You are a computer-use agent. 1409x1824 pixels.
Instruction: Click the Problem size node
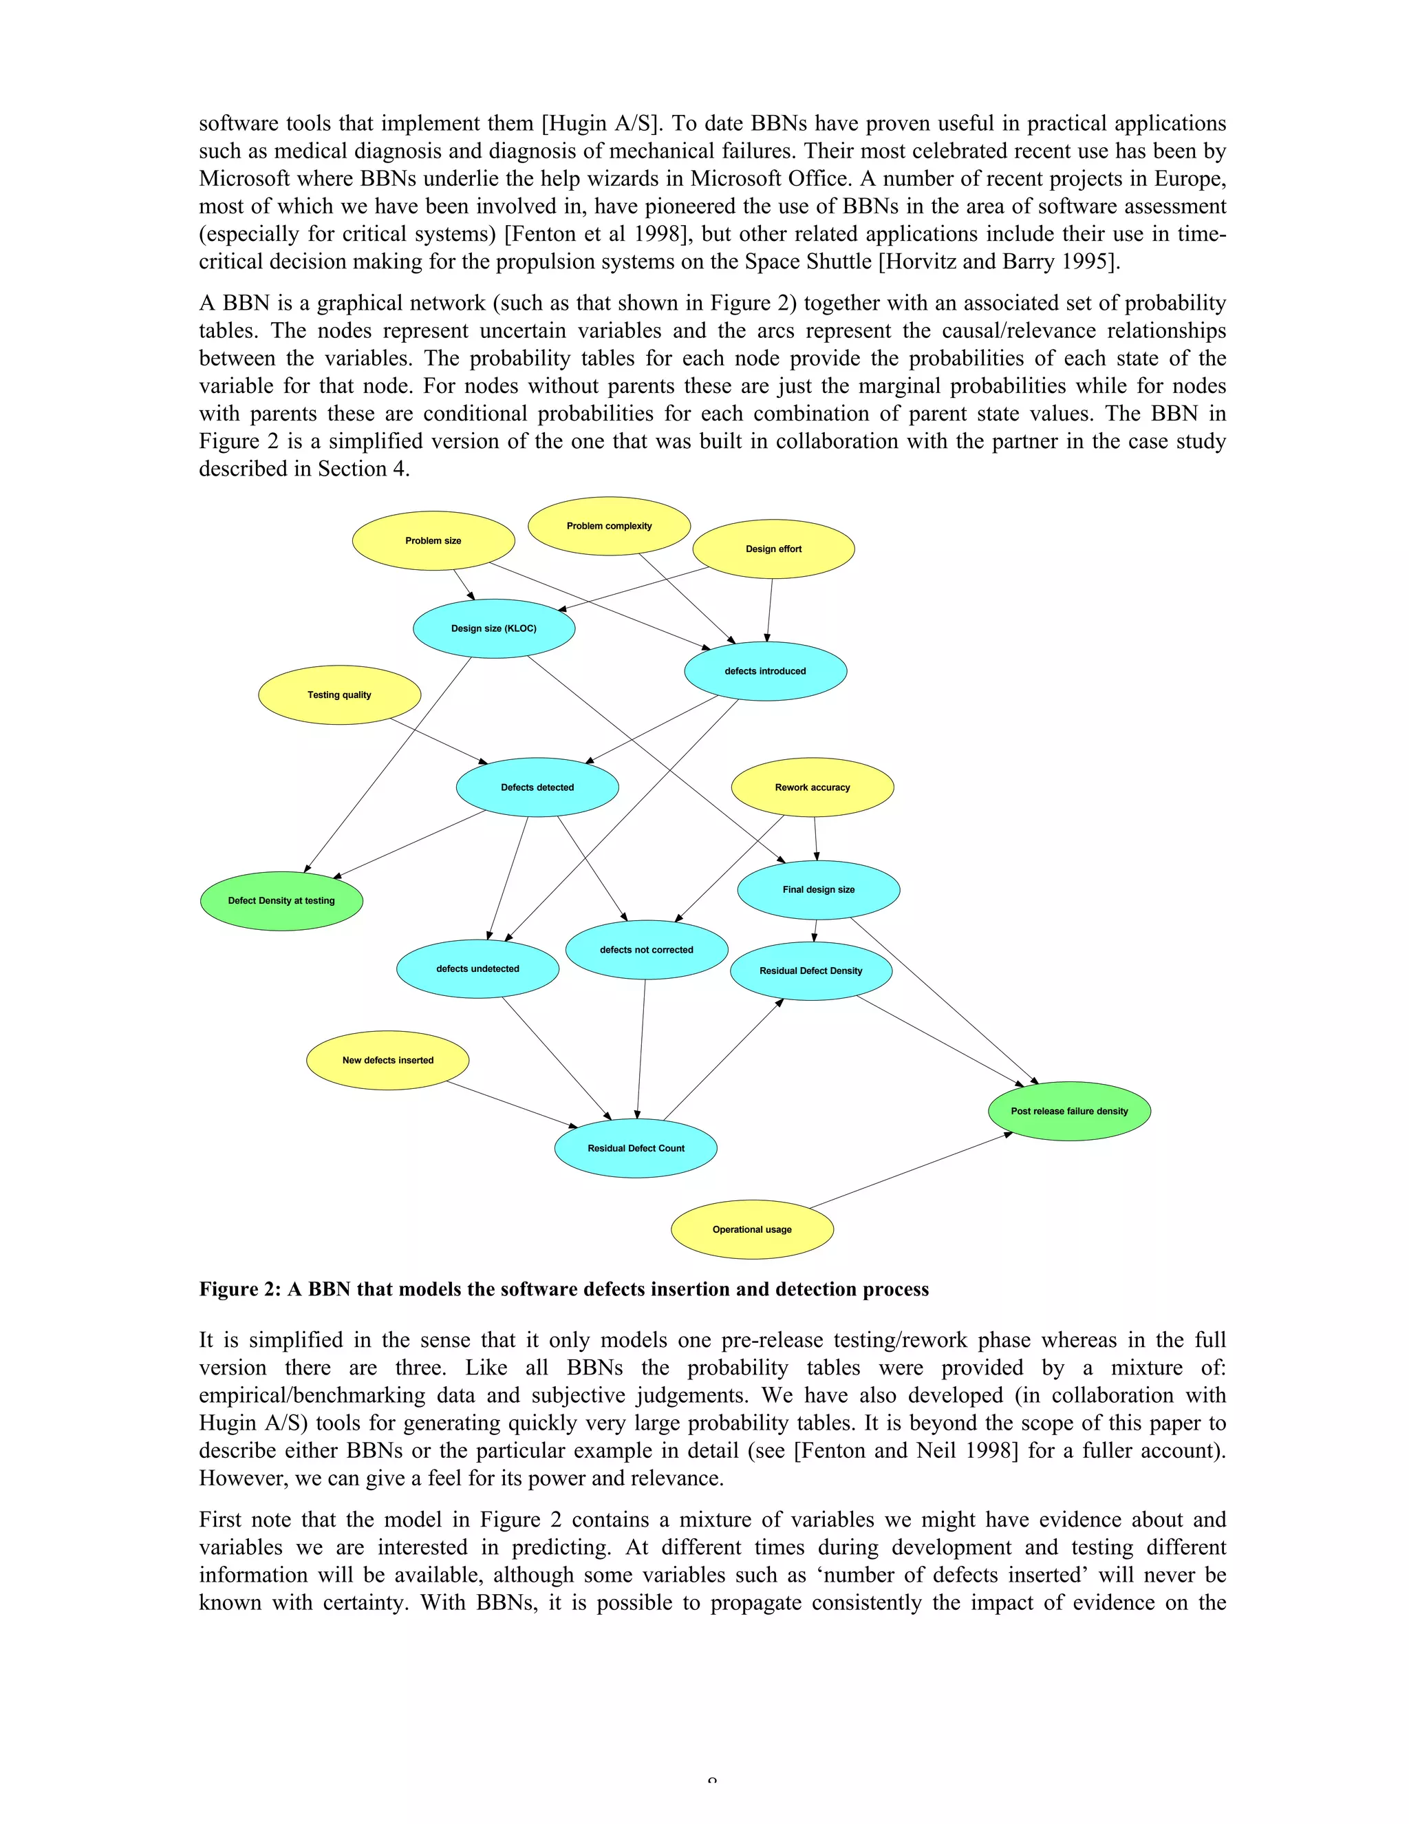click(x=433, y=540)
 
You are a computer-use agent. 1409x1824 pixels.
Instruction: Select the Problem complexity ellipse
click(x=610, y=526)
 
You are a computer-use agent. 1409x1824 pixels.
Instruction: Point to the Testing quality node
click(x=340, y=695)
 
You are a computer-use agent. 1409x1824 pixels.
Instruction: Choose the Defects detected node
click(x=537, y=787)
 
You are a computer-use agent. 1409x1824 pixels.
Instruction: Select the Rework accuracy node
click(x=813, y=787)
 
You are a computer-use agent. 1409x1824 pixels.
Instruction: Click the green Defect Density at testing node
click(x=281, y=900)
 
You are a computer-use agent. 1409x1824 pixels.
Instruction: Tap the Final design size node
click(x=819, y=889)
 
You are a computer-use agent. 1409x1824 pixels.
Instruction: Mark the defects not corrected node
click(x=647, y=950)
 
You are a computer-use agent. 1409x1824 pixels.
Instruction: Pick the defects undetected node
click(x=477, y=969)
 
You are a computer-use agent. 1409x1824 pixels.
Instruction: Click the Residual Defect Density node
click(x=811, y=971)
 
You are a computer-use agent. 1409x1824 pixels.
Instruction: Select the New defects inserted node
click(x=388, y=1060)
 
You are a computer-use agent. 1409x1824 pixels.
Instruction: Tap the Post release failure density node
click(x=1069, y=1111)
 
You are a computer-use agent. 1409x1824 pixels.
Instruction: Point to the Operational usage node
click(x=752, y=1229)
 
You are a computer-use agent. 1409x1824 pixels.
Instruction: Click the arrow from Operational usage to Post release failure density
click(x=910, y=1170)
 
